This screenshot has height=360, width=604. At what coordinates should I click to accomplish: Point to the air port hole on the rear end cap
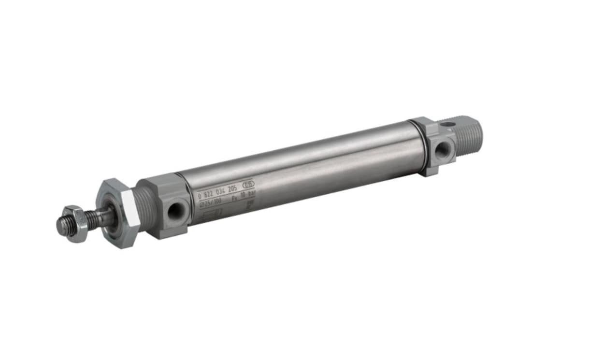click(441, 150)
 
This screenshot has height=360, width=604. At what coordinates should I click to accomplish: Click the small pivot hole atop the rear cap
click(448, 125)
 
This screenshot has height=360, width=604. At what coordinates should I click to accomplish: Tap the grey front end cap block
click(167, 205)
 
